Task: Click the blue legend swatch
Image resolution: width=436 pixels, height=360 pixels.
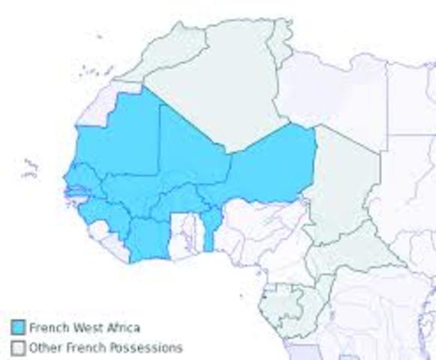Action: point(18,327)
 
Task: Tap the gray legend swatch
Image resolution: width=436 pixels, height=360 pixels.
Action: point(18,347)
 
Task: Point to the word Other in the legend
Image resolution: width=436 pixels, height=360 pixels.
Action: point(44,348)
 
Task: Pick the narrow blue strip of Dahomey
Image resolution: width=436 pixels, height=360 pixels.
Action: point(211,229)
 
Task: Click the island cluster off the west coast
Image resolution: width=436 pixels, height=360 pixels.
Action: point(30,169)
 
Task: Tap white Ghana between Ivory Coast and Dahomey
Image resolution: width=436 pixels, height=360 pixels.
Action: point(184,232)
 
